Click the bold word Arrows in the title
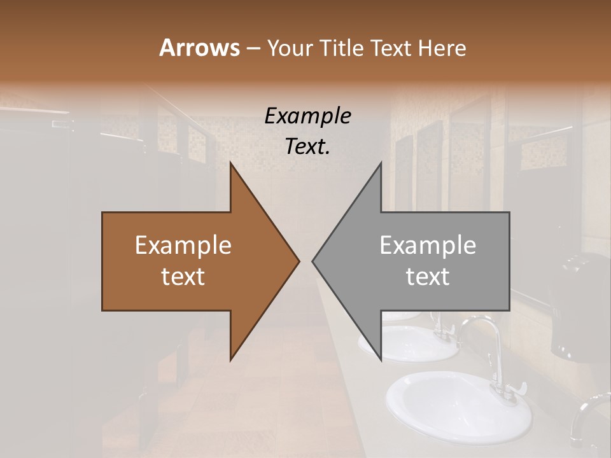(199, 48)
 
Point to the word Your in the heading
(290, 48)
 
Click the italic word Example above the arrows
(307, 116)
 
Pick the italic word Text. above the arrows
(307, 147)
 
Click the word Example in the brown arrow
(183, 246)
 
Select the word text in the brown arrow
(183, 277)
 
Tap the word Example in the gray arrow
(428, 246)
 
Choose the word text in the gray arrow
(428, 277)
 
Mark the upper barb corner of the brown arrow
(230, 163)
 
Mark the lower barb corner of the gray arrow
(381, 360)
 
